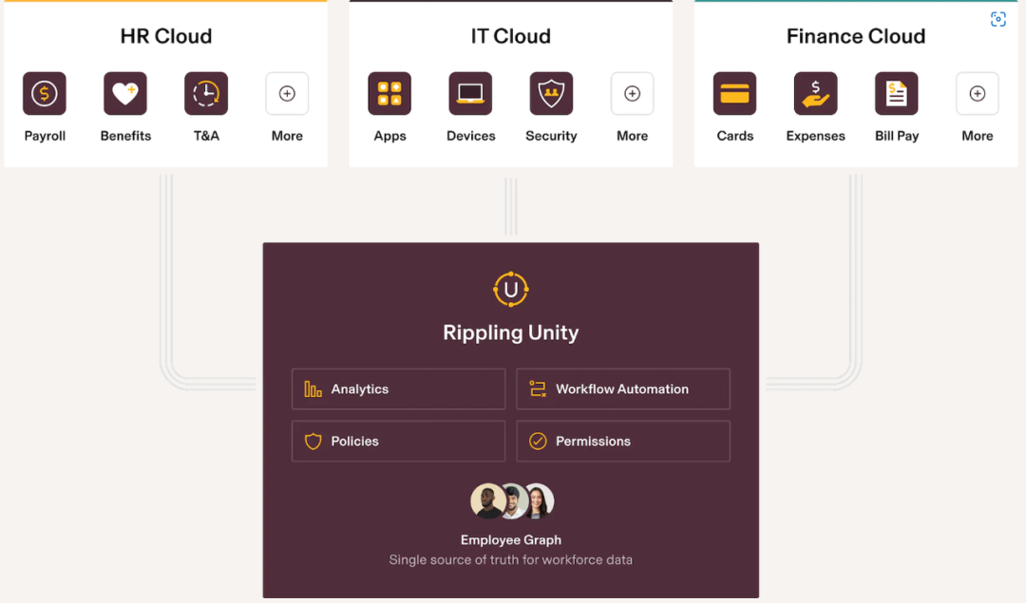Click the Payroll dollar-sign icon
click(45, 93)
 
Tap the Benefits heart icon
click(125, 93)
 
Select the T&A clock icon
click(206, 93)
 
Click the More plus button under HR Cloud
click(287, 93)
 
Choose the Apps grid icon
click(389, 93)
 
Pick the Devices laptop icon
click(470, 93)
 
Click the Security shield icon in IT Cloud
click(551, 93)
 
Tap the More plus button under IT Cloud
click(632, 93)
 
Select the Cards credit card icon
click(734, 93)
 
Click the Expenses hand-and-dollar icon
click(815, 93)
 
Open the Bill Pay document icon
click(896, 93)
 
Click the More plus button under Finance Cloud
click(977, 93)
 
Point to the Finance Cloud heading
click(855, 36)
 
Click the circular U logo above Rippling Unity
click(511, 290)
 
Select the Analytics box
click(398, 389)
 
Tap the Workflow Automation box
click(623, 389)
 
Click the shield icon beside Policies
click(313, 442)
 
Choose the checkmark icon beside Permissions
click(538, 442)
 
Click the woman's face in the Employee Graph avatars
click(538, 500)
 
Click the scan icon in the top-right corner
click(997, 20)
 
